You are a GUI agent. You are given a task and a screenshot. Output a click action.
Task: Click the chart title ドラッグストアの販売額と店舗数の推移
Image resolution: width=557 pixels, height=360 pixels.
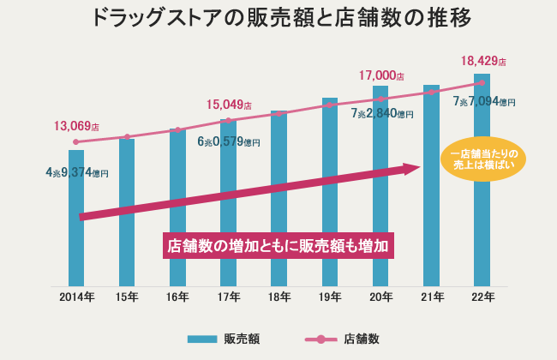(278, 18)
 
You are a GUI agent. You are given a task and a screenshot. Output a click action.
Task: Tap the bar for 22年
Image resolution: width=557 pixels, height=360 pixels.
(482, 214)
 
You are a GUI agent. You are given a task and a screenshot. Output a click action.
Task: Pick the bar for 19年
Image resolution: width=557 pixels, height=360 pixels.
(330, 206)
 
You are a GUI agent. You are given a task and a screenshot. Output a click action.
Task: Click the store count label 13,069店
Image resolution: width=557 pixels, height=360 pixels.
(76, 126)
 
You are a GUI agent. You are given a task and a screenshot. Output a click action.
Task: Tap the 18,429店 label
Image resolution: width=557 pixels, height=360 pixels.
(482, 62)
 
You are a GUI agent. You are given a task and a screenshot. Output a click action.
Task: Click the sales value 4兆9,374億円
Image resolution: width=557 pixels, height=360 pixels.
(77, 172)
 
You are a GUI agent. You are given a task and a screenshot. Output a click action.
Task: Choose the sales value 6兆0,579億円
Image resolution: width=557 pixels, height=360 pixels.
(229, 141)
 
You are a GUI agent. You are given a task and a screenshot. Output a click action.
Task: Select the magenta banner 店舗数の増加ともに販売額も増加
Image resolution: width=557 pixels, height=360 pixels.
(279, 244)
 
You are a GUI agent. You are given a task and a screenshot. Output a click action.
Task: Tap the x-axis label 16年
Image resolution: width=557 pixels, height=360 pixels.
(177, 297)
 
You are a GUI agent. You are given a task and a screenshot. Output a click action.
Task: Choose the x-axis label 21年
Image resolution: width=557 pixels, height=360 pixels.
(432, 297)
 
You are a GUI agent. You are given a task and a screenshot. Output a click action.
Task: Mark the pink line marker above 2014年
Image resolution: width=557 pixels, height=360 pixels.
(76, 141)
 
